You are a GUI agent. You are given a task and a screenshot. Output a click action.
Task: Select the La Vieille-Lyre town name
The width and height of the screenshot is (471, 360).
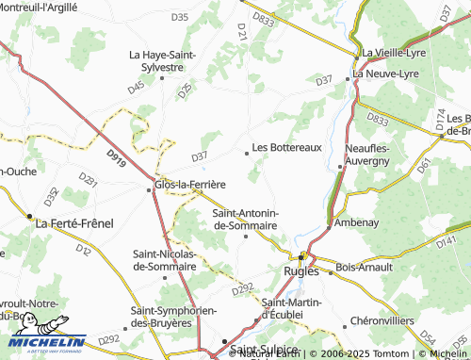[395, 53]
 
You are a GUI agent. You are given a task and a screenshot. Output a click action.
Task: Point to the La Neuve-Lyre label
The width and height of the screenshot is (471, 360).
[386, 73]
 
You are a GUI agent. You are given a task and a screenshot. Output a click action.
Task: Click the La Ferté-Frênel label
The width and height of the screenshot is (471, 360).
[73, 224]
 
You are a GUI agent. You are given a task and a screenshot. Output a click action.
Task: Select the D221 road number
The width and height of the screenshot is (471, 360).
[88, 178]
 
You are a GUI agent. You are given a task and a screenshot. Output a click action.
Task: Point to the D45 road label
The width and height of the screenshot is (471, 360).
[137, 87]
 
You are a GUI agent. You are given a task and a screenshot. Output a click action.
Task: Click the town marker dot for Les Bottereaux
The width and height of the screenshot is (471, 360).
[248, 149]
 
